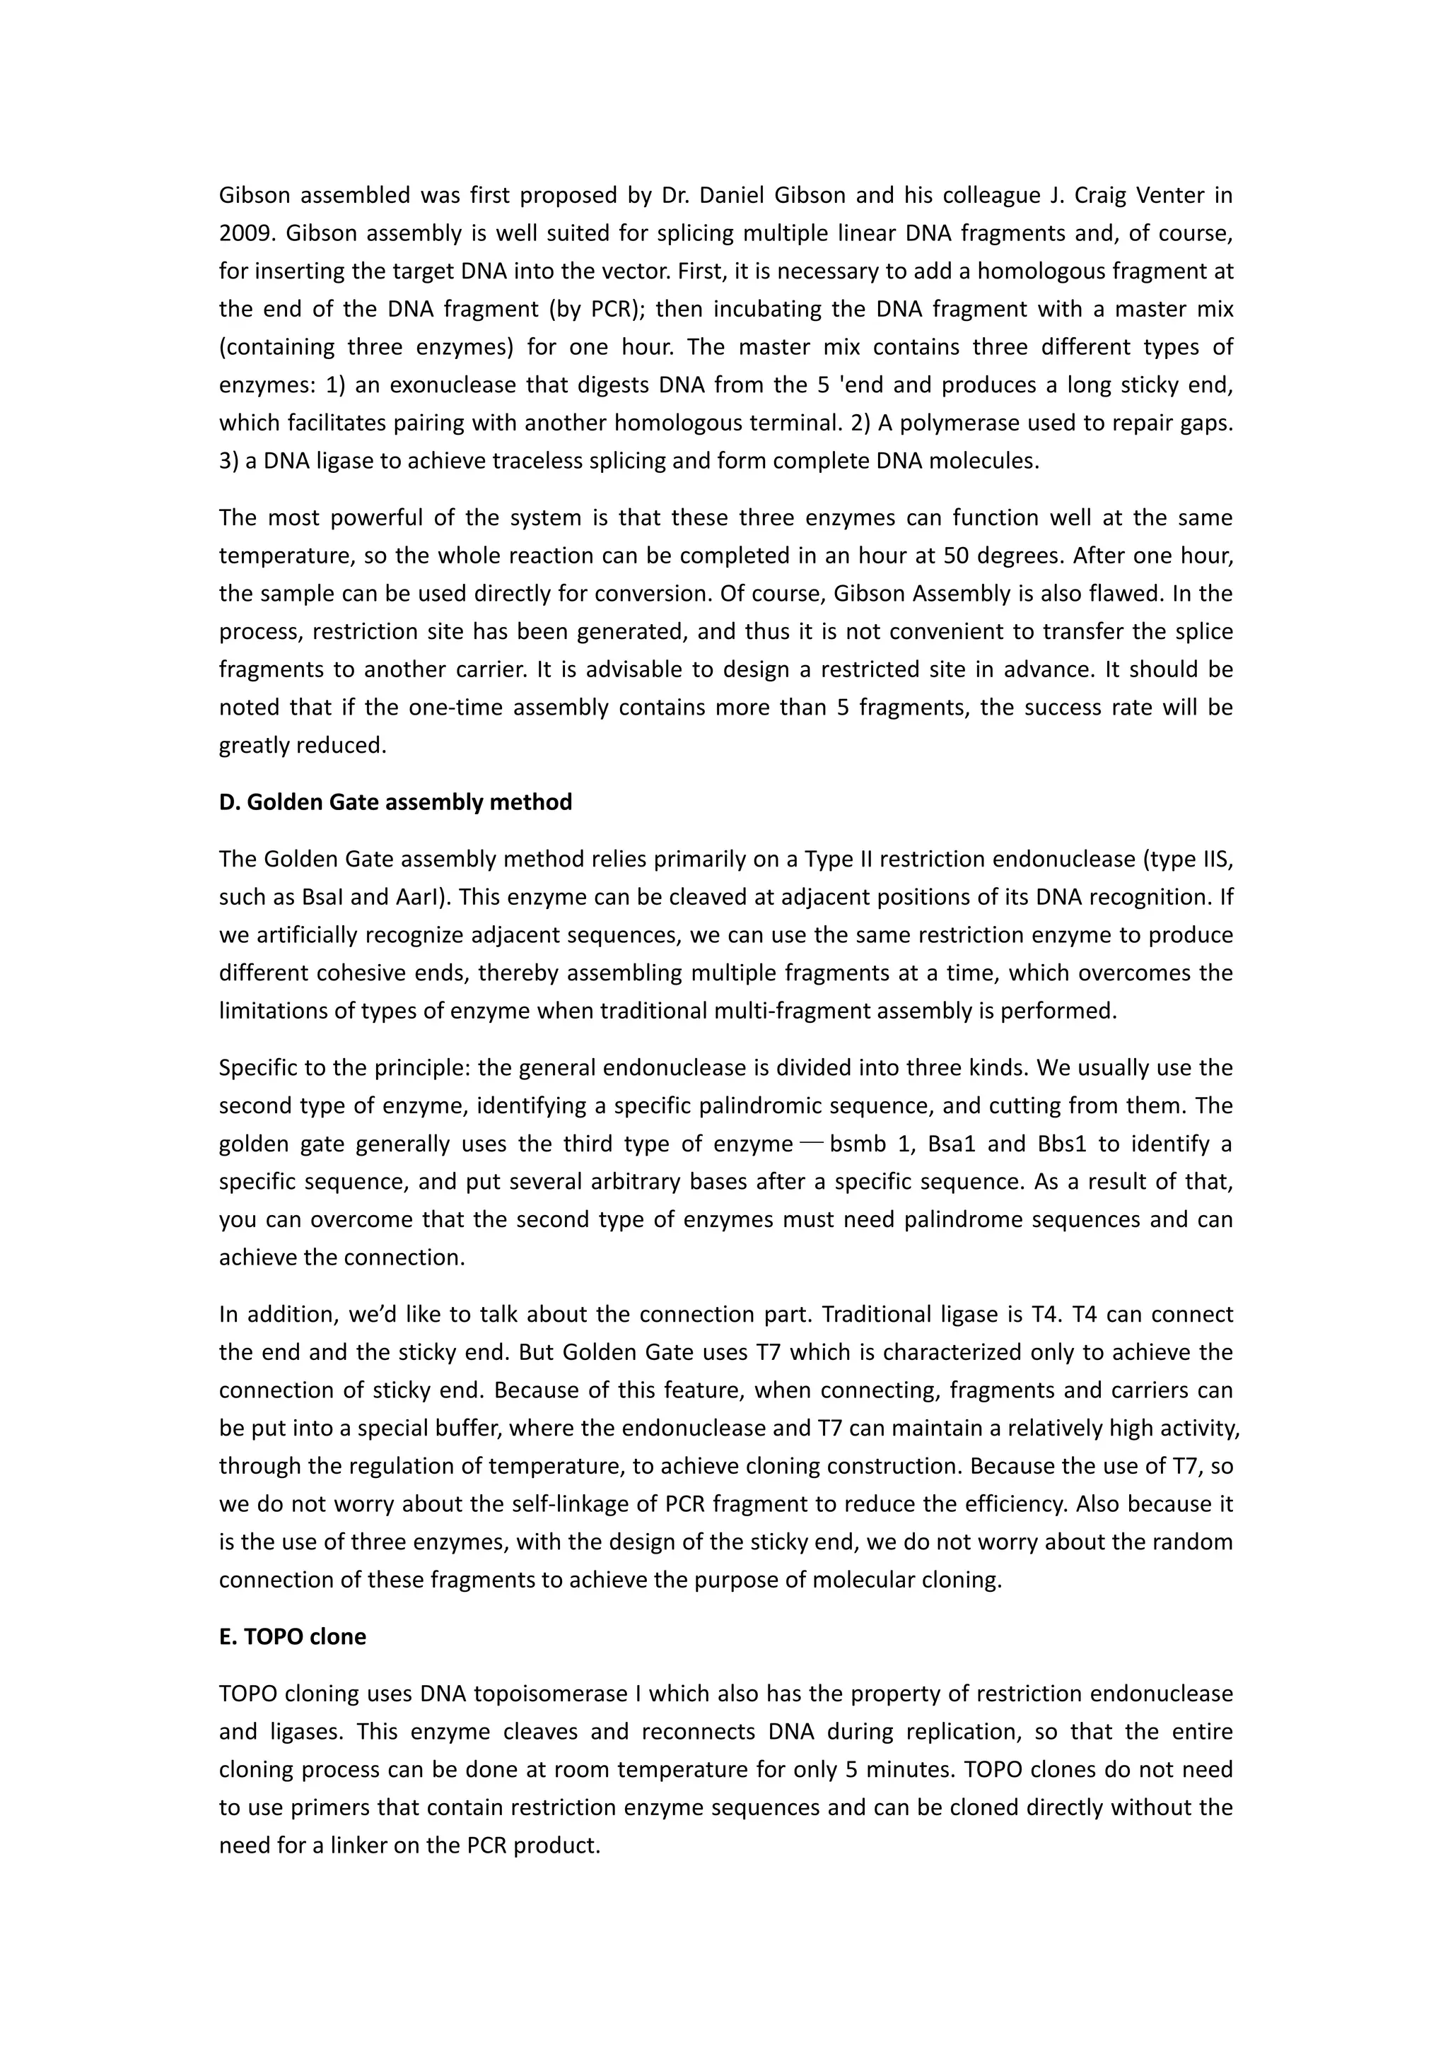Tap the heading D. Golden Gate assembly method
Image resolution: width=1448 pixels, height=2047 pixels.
click(x=395, y=802)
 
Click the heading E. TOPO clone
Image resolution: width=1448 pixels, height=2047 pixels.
click(x=293, y=1637)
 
